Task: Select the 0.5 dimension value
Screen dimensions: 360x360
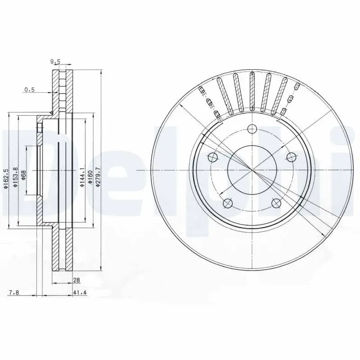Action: point(29,90)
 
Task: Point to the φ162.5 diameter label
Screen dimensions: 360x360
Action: point(6,179)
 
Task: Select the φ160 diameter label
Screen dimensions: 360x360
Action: point(90,176)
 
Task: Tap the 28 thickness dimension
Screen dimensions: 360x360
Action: point(76,280)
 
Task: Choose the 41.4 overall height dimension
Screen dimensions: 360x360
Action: point(79,293)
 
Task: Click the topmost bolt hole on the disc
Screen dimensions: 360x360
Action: point(252,129)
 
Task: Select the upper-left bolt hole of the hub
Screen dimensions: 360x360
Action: point(212,157)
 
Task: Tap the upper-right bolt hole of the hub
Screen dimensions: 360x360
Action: point(292,157)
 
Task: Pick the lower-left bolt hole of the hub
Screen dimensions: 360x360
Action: point(228,204)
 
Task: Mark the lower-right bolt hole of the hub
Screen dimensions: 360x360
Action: point(276,204)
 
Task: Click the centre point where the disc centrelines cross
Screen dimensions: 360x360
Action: point(252,171)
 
